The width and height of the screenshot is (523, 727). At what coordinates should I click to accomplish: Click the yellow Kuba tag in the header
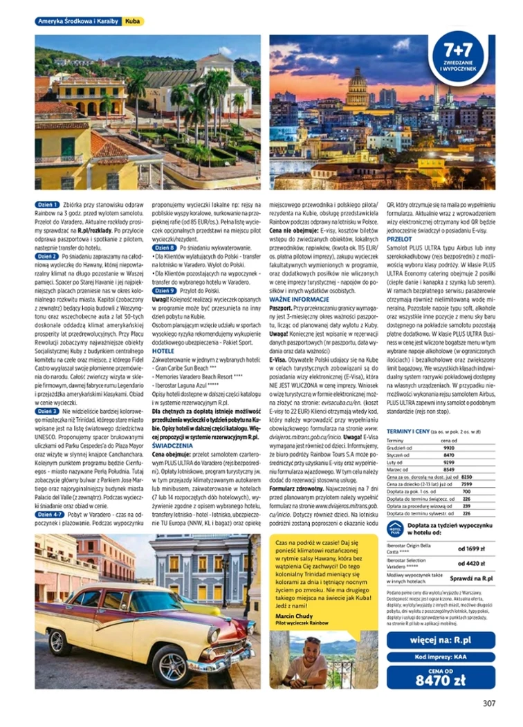(134, 21)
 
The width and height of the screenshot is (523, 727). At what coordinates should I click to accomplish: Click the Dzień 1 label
(48, 205)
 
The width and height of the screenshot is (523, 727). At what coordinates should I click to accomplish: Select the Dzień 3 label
(48, 411)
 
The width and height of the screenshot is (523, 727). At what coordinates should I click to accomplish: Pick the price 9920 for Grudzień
(448, 448)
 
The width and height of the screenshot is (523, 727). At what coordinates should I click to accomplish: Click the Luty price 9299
(448, 462)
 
